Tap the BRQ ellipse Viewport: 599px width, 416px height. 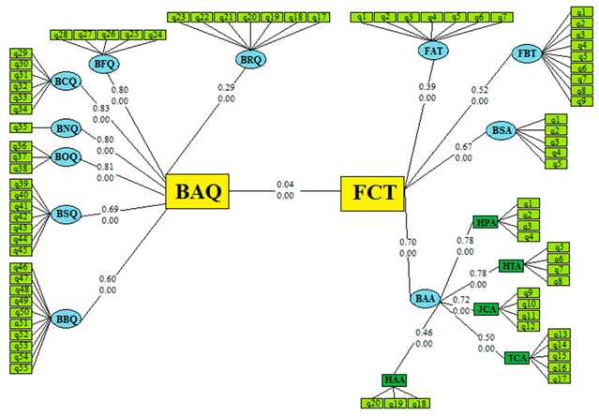[250, 60]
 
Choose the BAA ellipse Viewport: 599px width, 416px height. [425, 299]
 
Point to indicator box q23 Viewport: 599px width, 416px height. [176, 17]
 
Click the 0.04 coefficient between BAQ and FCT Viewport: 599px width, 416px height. [285, 184]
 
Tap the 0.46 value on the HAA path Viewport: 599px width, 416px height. [425, 333]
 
